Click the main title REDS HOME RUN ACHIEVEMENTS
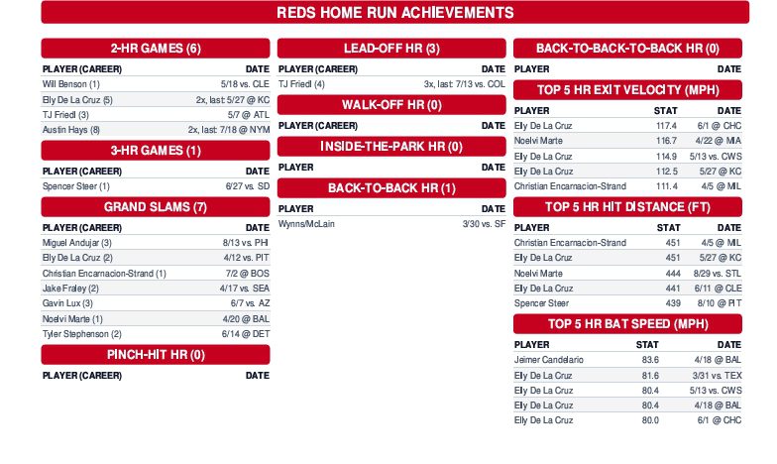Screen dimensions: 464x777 393,13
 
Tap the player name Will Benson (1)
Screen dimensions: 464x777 70,84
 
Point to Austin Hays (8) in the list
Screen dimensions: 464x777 71,129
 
